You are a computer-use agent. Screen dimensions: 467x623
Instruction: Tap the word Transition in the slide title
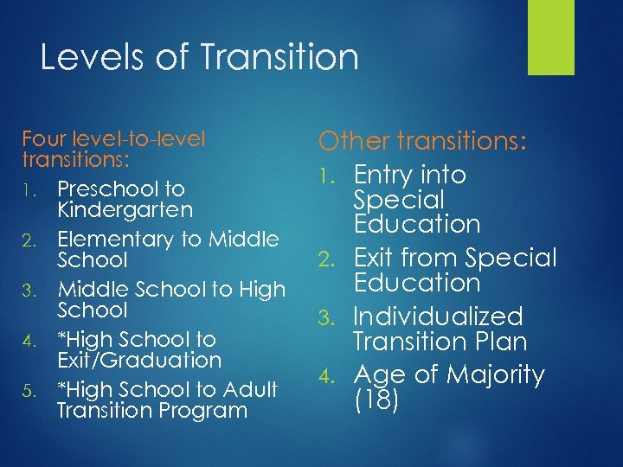pyautogui.click(x=279, y=58)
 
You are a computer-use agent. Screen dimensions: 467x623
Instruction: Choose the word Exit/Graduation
pyautogui.click(x=139, y=359)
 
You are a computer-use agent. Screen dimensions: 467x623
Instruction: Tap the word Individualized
pyautogui.click(x=438, y=317)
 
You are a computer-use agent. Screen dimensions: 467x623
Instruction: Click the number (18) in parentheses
pyautogui.click(x=376, y=400)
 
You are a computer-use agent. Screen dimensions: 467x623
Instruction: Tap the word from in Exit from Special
pyautogui.click(x=427, y=258)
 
